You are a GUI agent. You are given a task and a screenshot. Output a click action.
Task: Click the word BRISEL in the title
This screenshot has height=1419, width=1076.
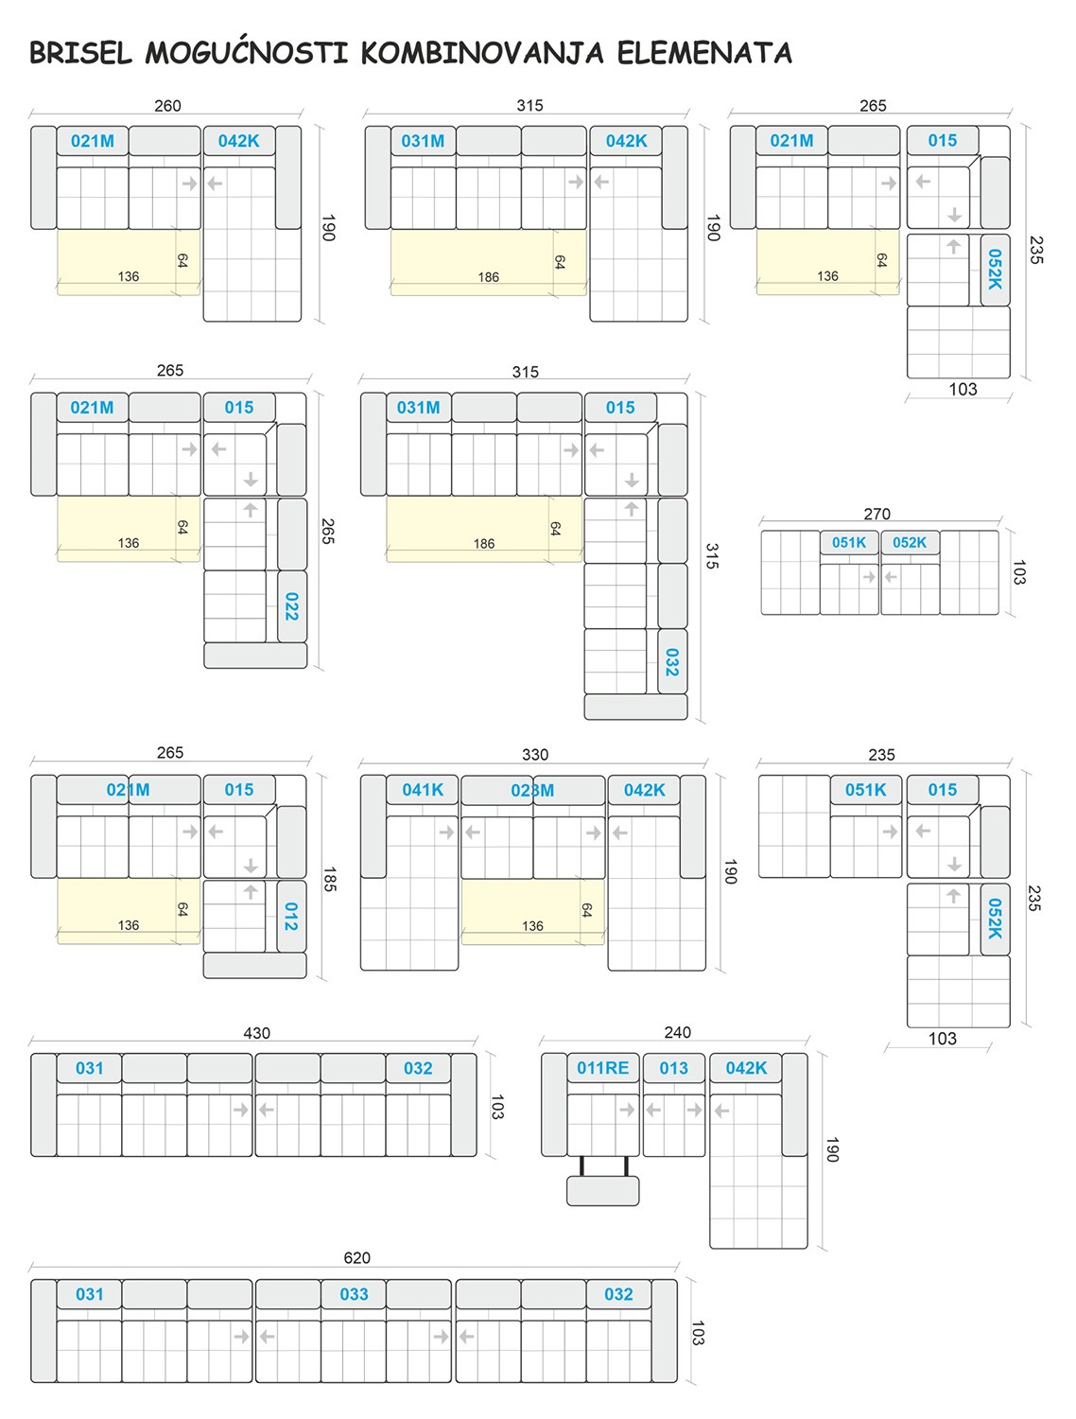pyautogui.click(x=80, y=53)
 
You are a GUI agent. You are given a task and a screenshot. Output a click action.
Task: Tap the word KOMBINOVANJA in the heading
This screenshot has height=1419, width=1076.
pyautogui.click(x=482, y=53)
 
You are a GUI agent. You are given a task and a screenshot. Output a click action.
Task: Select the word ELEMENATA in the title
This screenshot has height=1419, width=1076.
pyautogui.click(x=704, y=53)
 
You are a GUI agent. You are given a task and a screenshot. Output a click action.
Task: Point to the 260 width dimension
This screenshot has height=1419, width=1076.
pyautogui.click(x=167, y=105)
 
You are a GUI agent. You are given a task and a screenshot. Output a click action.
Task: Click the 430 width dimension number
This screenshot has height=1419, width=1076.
pyautogui.click(x=256, y=1033)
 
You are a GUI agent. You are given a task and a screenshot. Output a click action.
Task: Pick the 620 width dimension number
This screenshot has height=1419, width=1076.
pyautogui.click(x=356, y=1257)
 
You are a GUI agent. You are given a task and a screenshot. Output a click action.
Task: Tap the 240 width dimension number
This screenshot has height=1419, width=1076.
pyautogui.click(x=678, y=1032)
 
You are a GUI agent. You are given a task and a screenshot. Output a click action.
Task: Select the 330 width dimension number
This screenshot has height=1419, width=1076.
pyautogui.click(x=535, y=754)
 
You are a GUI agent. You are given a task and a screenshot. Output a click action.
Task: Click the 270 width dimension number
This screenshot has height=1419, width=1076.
pyautogui.click(x=876, y=514)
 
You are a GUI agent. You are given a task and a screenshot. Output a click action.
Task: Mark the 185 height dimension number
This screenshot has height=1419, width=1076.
pyautogui.click(x=329, y=879)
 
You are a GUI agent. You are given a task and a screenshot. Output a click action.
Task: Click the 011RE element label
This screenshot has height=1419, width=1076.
pyautogui.click(x=602, y=1068)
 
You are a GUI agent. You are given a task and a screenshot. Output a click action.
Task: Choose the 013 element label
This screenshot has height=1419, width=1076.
pyautogui.click(x=673, y=1068)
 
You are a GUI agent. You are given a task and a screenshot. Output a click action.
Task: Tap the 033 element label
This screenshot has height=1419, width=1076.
pyautogui.click(x=354, y=1294)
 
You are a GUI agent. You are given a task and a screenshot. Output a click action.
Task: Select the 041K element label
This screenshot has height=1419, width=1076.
pyautogui.click(x=423, y=789)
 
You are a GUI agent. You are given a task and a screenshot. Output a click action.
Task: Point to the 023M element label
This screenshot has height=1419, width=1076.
pyautogui.click(x=532, y=790)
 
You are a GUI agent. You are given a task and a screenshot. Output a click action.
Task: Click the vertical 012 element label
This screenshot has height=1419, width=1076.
pyautogui.click(x=291, y=917)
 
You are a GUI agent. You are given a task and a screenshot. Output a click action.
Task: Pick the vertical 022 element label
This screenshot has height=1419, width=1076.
pyautogui.click(x=291, y=606)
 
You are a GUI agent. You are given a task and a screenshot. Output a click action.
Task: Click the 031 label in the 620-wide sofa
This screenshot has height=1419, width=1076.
pyautogui.click(x=89, y=1294)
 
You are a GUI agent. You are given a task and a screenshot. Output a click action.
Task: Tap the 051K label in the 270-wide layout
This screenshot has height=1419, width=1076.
pyautogui.click(x=849, y=542)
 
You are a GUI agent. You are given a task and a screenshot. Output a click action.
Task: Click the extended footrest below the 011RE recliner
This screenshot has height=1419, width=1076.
pyautogui.click(x=602, y=1191)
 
